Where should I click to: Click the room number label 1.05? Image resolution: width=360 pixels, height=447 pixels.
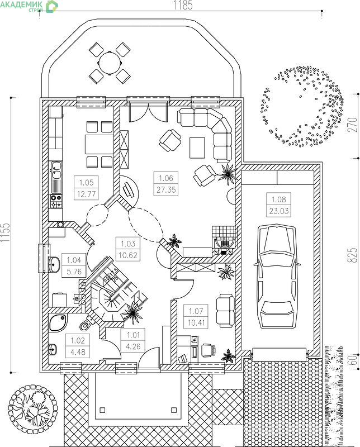click(87, 182)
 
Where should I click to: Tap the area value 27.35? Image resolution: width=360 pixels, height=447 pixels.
click(166, 189)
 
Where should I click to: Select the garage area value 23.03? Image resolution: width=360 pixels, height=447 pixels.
click(279, 211)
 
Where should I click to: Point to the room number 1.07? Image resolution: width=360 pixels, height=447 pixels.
click(196, 311)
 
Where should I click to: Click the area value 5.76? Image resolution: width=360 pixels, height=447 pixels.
click(74, 272)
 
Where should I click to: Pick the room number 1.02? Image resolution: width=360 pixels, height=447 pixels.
click(78, 340)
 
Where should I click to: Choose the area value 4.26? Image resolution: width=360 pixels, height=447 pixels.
click(133, 346)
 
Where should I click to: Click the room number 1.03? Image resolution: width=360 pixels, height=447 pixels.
click(128, 244)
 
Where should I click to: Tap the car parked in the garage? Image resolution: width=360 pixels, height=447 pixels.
click(277, 277)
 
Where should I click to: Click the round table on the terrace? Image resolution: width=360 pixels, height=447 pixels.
click(110, 63)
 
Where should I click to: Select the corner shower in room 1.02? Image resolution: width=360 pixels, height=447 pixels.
click(58, 322)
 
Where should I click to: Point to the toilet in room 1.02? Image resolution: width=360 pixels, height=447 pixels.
click(86, 324)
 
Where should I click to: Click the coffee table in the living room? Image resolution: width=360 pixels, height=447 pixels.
click(197, 148)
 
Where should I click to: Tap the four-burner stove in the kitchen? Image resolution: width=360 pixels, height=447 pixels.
click(56, 201)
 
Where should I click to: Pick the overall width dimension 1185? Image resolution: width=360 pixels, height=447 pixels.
click(183, 6)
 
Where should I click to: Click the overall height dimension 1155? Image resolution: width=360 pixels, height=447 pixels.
click(5, 232)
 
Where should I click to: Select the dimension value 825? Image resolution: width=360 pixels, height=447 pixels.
click(352, 255)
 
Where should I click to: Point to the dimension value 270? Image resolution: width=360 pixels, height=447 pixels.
click(353, 124)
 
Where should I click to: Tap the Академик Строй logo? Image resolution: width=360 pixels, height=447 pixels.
click(29, 6)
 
